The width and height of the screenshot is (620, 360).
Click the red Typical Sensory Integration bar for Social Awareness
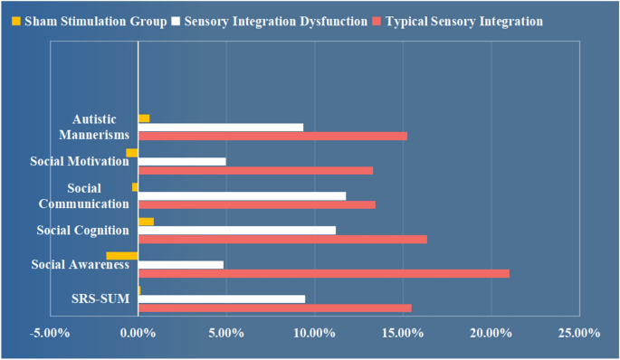[x=323, y=273]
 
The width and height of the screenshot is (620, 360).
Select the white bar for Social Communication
[x=242, y=195]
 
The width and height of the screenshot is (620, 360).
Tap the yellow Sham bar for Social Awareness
[x=122, y=256]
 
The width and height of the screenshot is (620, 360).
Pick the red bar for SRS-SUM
[x=274, y=308]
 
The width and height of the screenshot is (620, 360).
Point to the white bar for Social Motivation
[x=182, y=162]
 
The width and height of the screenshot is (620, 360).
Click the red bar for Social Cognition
[x=282, y=239]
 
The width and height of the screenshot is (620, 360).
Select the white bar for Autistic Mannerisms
[x=220, y=128]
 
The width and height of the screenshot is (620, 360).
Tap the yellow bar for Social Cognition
[x=146, y=222]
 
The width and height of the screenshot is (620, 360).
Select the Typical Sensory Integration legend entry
[x=461, y=21]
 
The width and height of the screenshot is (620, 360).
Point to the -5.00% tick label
[x=49, y=334]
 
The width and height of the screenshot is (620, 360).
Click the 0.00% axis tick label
[x=138, y=334]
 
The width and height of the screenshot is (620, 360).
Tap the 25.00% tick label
[x=579, y=334]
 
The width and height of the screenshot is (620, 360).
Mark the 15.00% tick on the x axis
[x=403, y=334]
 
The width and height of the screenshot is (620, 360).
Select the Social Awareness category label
[x=81, y=264]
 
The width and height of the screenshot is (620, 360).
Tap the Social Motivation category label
[x=79, y=161]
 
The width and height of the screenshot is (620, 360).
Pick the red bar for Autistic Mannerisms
[x=272, y=136]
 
